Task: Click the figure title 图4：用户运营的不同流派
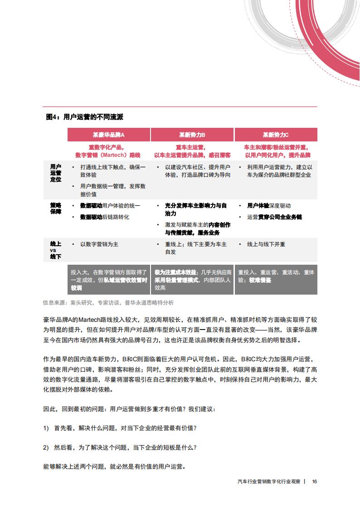85,117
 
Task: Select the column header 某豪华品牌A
109,135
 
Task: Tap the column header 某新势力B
192,135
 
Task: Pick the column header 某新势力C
276,135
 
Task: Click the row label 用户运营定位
55,173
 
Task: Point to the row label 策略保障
55,208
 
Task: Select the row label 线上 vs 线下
55,251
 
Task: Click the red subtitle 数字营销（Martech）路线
109,155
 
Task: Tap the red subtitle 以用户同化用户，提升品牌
275,155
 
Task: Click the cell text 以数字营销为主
99,244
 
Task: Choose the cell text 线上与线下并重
266,244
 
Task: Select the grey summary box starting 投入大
109,280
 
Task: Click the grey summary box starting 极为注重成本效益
192,280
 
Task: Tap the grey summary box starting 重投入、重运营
276,276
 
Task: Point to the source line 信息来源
108,302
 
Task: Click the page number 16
314,481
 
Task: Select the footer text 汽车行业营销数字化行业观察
268,481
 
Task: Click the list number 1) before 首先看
46,428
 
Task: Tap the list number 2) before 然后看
46,447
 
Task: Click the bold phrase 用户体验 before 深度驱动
258,205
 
